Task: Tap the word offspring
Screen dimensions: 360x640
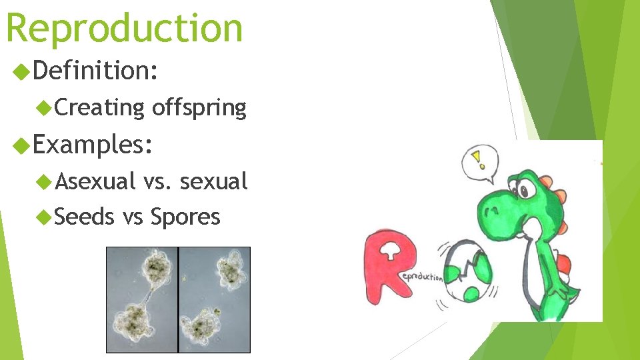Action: pyautogui.click(x=199, y=107)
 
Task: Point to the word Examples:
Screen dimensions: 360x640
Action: pyautogui.click(x=93, y=143)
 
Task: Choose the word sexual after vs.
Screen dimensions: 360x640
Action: pyautogui.click(x=214, y=180)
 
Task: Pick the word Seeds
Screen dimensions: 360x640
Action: pyautogui.click(x=85, y=216)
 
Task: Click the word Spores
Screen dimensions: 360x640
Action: pyautogui.click(x=185, y=217)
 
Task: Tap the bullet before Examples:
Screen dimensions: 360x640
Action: pyautogui.click(x=22, y=144)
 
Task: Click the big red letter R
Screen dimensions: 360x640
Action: pyautogui.click(x=389, y=263)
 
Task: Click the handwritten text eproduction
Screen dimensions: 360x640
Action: pyautogui.click(x=422, y=275)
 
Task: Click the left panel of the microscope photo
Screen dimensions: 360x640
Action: pyautogui.click(x=142, y=299)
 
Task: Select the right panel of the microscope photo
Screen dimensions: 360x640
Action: pyautogui.click(x=215, y=299)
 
